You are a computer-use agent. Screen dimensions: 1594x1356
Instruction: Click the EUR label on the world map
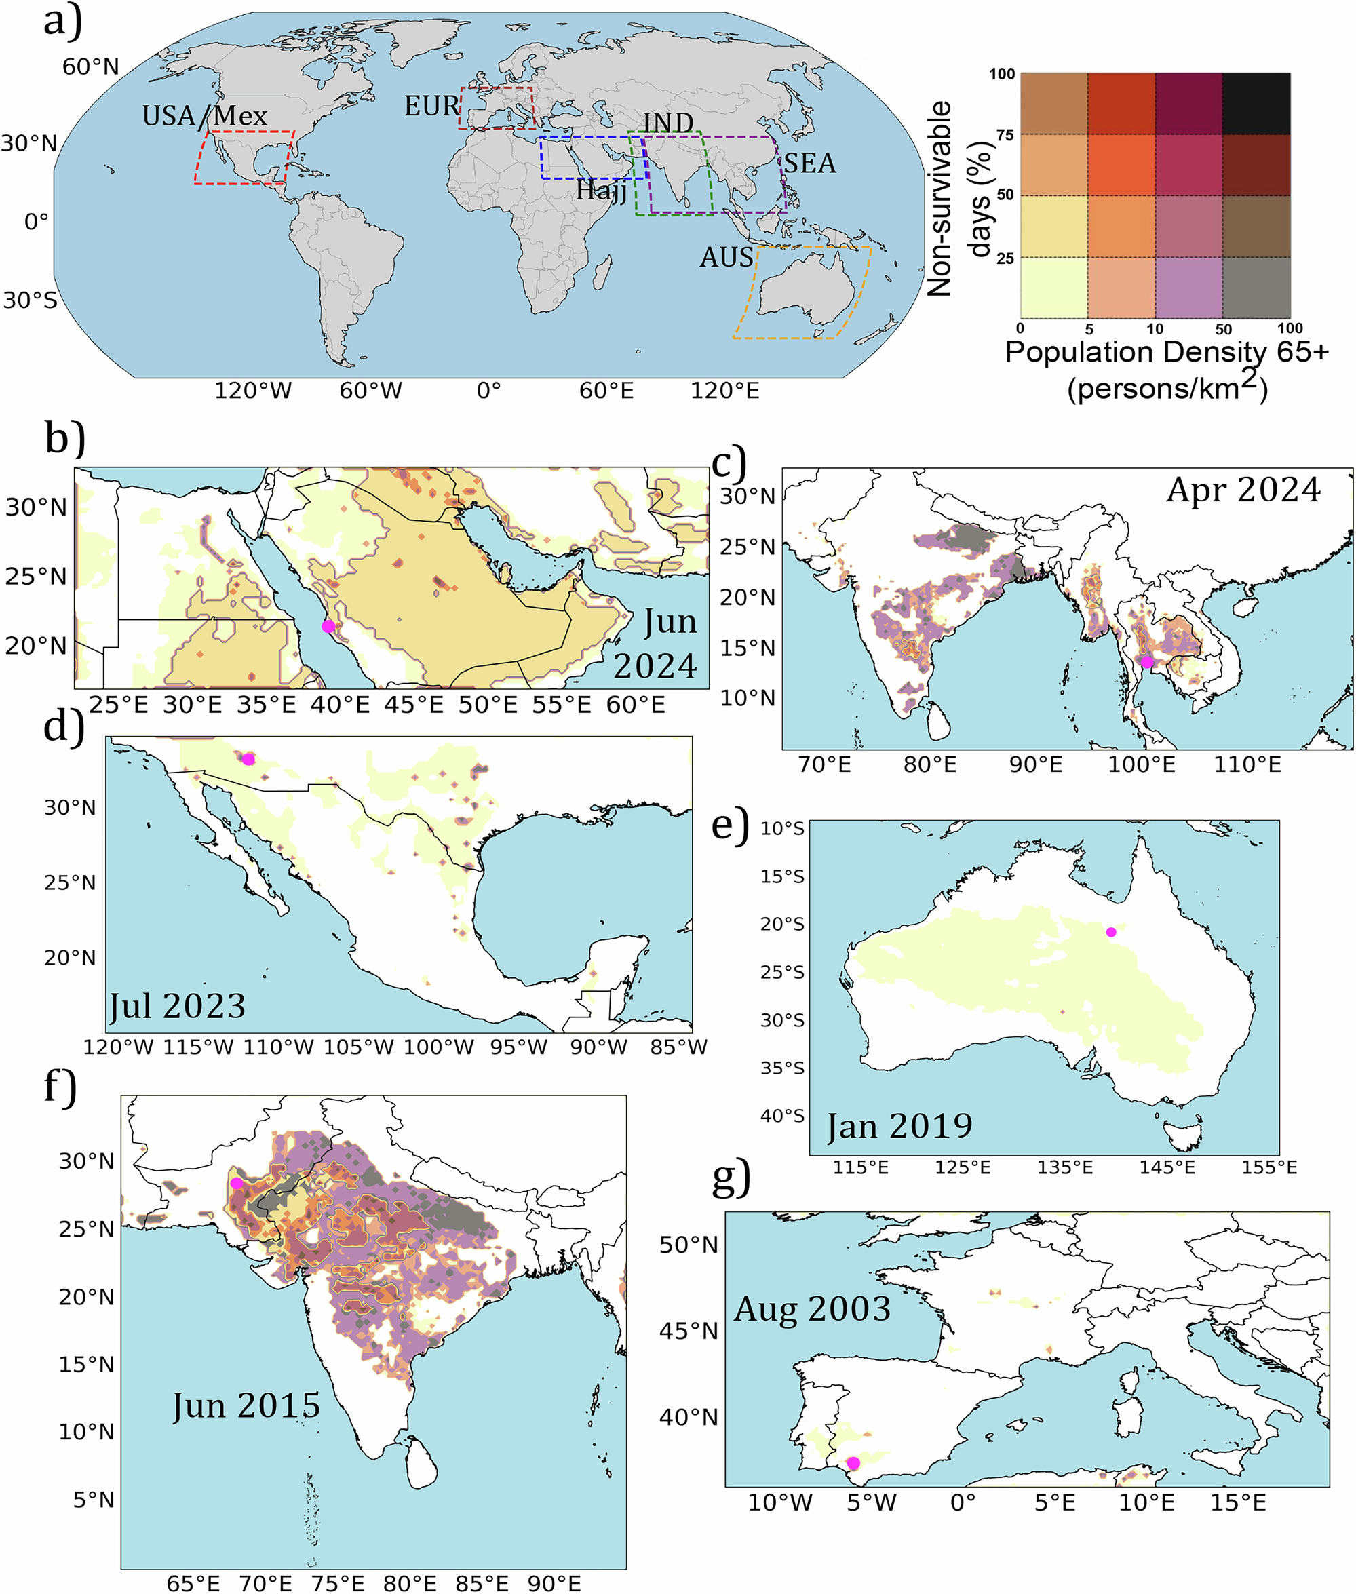pyautogui.click(x=431, y=106)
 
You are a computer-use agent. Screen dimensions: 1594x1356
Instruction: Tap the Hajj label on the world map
pyautogui.click(x=601, y=190)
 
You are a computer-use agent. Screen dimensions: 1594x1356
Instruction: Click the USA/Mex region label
pyautogui.click(x=204, y=116)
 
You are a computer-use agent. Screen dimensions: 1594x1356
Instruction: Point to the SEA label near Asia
pyautogui.click(x=809, y=163)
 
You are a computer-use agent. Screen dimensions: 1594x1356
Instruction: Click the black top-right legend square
pyautogui.click(x=1256, y=104)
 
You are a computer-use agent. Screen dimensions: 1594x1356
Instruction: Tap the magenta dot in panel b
pyautogui.click(x=328, y=626)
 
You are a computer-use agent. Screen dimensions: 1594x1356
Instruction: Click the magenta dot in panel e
pyautogui.click(x=1111, y=932)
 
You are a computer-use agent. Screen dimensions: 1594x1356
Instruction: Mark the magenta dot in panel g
pyautogui.click(x=853, y=1462)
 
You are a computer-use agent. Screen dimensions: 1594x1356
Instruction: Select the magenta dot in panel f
pyautogui.click(x=237, y=1183)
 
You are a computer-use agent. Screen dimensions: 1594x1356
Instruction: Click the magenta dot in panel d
pyautogui.click(x=248, y=759)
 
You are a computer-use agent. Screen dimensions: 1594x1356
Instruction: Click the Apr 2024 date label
pyautogui.click(x=1243, y=490)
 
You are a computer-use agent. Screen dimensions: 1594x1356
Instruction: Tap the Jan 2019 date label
pyautogui.click(x=899, y=1127)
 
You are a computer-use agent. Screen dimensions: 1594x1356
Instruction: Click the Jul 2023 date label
pyautogui.click(x=178, y=1006)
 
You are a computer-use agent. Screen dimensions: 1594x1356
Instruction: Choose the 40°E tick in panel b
pyautogui.click(x=340, y=705)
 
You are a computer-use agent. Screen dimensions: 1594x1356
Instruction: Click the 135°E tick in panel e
pyautogui.click(x=1065, y=1167)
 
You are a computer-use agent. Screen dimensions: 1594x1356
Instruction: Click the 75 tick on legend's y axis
pyautogui.click(x=1005, y=135)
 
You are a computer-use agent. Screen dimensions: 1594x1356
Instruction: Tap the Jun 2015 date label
pyautogui.click(x=246, y=1405)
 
